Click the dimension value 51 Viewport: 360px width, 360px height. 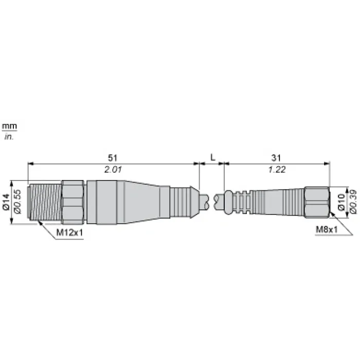click(113, 158)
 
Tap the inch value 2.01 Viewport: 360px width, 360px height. click(113, 170)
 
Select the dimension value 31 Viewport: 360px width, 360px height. click(276, 158)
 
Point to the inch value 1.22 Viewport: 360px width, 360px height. click(277, 170)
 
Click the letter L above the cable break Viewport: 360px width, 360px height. click(213, 157)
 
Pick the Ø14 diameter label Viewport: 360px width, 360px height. click(6, 202)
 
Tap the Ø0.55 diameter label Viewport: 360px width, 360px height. click(17, 202)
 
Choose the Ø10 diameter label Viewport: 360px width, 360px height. click(341, 202)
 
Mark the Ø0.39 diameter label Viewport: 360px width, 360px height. click(353, 202)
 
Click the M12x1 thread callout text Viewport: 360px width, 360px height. click(69, 232)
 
